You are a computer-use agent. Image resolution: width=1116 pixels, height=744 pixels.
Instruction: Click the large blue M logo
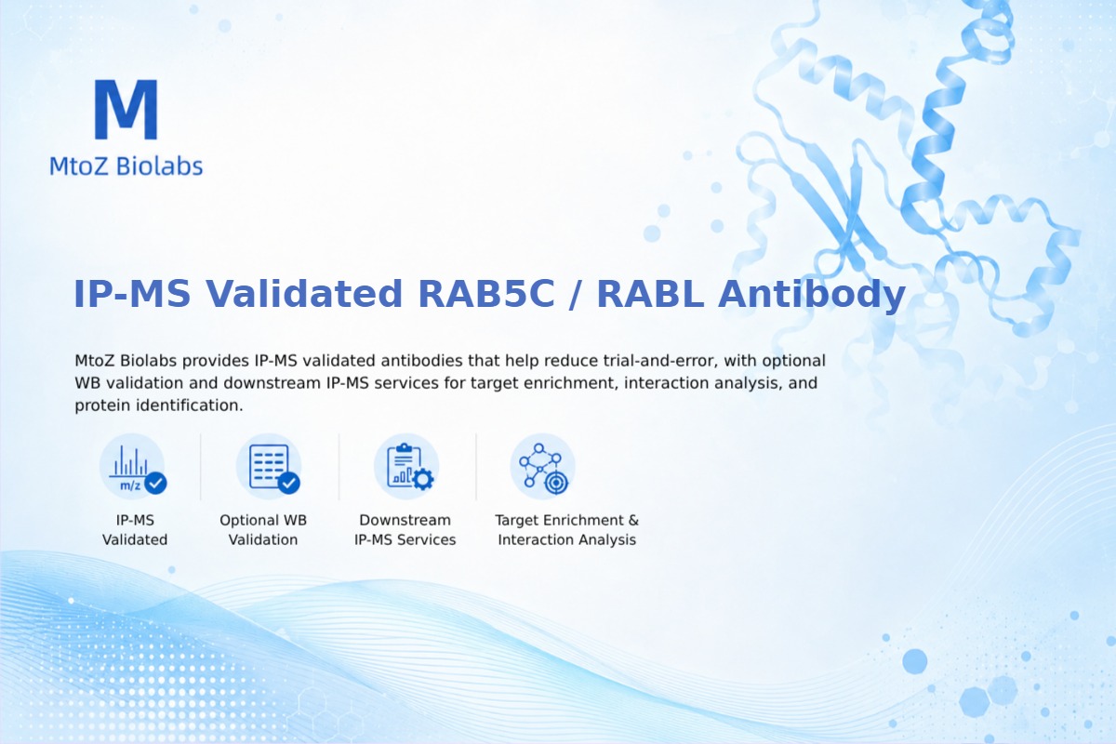[x=126, y=109]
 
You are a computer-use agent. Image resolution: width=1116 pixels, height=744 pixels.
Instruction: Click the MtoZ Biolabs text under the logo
[x=126, y=166]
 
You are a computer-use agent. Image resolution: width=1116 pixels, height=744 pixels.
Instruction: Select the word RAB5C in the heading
[x=486, y=294]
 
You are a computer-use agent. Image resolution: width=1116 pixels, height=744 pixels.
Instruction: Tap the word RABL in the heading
[x=651, y=294]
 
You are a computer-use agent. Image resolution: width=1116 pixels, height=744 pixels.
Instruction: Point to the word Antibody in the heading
[x=812, y=295]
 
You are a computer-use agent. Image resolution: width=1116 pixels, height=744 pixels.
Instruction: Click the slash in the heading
[x=576, y=295]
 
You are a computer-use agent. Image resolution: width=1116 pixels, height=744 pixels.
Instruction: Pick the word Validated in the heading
[x=304, y=294]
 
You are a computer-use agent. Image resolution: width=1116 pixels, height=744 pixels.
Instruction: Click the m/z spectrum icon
[x=132, y=467]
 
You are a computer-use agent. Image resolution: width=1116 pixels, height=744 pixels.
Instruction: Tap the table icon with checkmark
[x=270, y=467]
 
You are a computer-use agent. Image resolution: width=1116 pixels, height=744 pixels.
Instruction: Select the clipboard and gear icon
[x=407, y=467]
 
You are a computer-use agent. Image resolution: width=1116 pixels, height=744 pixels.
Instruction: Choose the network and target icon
[x=543, y=467]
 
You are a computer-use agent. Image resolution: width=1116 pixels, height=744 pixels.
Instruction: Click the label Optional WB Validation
[x=263, y=530]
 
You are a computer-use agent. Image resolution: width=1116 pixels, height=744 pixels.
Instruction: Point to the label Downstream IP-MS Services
[x=405, y=530]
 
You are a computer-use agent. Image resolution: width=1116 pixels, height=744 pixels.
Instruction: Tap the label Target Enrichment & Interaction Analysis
[x=567, y=530]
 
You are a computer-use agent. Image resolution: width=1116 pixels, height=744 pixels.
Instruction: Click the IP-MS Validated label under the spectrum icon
[x=135, y=530]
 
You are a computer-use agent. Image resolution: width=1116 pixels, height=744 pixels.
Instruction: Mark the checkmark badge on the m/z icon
[x=156, y=483]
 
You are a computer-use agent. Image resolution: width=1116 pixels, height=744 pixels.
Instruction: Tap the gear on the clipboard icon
[x=423, y=479]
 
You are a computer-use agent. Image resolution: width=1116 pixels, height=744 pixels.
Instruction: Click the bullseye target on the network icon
[x=556, y=483]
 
